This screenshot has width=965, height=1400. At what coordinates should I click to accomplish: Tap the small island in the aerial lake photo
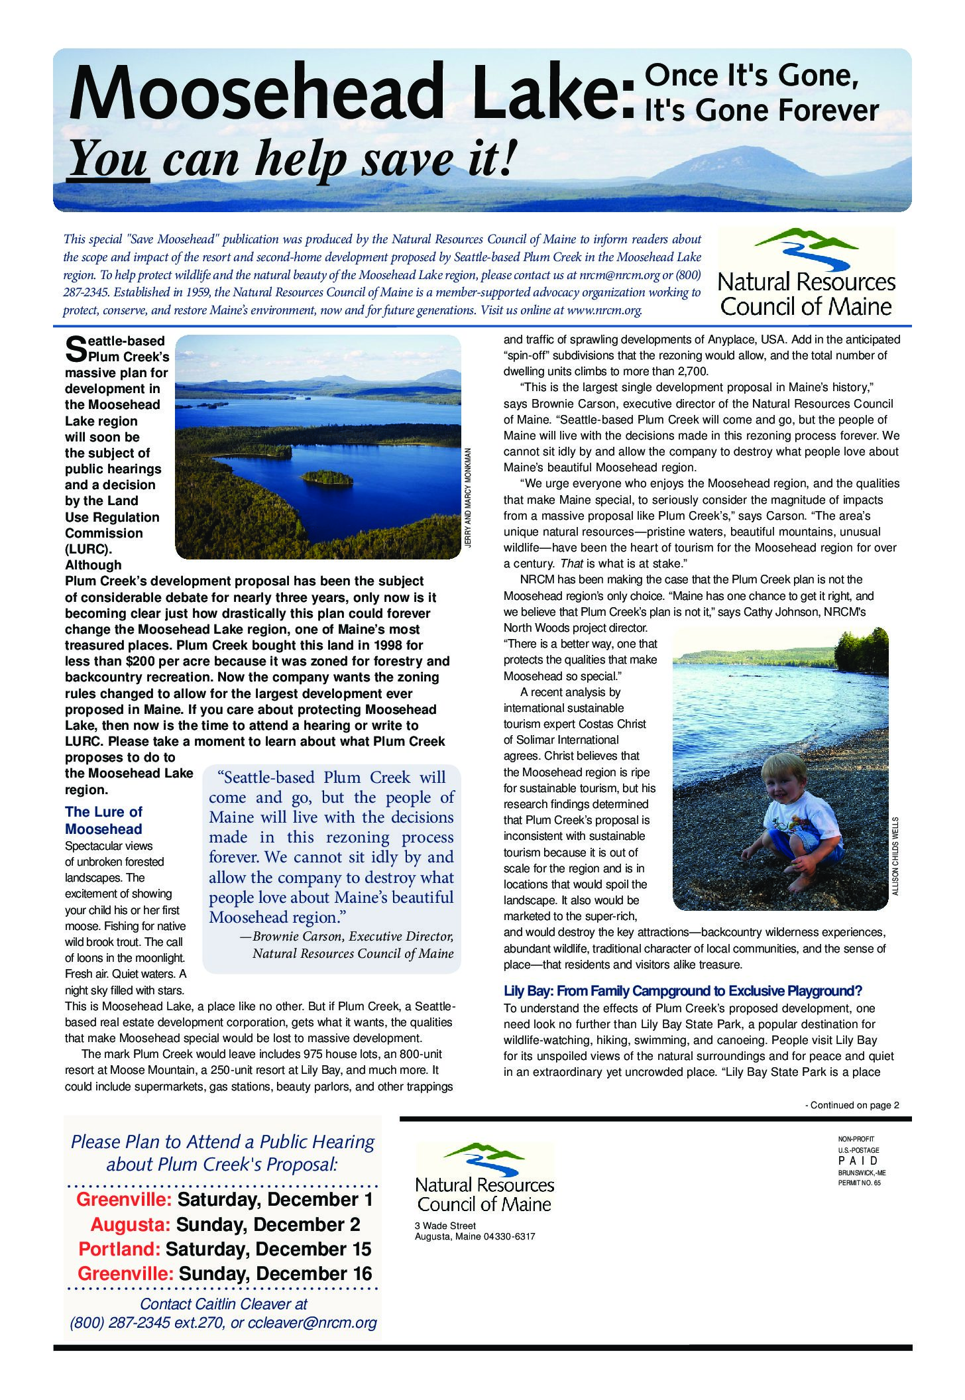(x=326, y=477)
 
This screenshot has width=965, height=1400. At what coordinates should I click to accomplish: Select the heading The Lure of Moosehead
(x=103, y=821)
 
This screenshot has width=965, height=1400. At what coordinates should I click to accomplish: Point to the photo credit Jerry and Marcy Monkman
(x=467, y=498)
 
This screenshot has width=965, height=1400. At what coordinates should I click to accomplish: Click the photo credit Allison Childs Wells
(x=895, y=856)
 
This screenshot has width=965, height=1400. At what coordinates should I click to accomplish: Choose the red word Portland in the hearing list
(x=119, y=1249)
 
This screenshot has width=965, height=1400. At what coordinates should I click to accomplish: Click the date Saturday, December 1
(x=275, y=1200)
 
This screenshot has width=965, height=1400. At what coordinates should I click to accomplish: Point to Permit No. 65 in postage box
(x=860, y=1183)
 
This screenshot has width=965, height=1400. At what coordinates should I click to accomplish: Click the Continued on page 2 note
(x=852, y=1105)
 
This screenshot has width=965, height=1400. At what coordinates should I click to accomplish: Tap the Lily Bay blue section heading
(x=683, y=991)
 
